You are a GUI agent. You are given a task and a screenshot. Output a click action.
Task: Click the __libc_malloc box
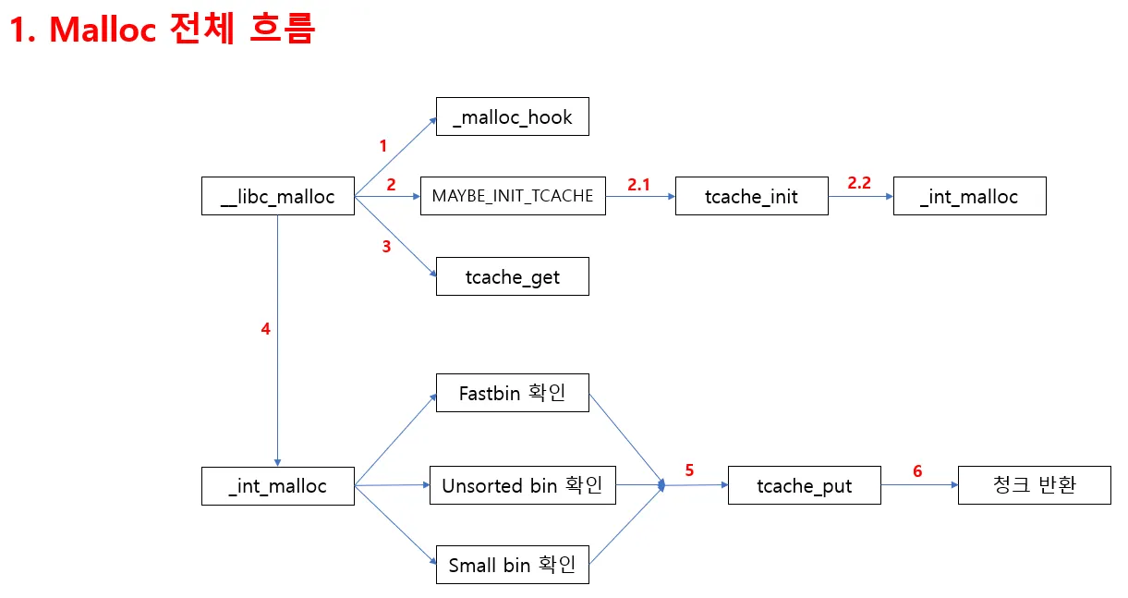(278, 196)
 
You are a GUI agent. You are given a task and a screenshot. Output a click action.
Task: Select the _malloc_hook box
(512, 117)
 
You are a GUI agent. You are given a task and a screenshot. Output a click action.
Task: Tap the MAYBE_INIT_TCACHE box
(513, 196)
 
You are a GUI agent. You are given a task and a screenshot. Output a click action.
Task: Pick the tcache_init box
(751, 196)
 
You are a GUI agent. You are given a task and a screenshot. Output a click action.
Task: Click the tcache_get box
(512, 276)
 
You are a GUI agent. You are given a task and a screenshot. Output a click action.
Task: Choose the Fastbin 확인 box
(512, 393)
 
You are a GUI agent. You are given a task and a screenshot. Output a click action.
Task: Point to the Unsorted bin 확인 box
(522, 485)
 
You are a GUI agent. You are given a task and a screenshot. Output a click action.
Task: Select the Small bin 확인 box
(512, 565)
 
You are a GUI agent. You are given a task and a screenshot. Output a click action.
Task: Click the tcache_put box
(804, 485)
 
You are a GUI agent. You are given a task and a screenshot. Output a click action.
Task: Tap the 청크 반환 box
(1034, 485)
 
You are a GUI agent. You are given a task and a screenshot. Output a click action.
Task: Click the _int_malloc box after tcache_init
(969, 196)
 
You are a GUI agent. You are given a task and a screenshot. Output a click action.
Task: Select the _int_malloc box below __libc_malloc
(278, 485)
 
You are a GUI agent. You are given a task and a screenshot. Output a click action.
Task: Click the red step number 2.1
(639, 184)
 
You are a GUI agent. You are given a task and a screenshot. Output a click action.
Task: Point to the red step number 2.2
(859, 183)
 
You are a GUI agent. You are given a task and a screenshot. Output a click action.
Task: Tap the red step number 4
(266, 328)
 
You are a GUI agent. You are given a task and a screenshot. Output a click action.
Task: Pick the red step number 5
(689, 470)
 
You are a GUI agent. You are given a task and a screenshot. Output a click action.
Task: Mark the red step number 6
(917, 471)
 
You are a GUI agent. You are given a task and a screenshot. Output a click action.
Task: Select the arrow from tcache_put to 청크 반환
(919, 485)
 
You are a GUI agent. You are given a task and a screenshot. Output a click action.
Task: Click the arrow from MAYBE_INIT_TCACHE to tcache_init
(640, 197)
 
